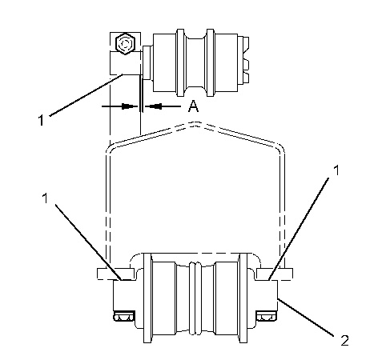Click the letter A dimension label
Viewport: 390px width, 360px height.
click(193, 106)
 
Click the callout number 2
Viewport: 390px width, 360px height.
click(344, 341)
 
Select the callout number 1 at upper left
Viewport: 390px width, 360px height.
click(41, 120)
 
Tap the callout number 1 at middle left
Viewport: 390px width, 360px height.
click(45, 198)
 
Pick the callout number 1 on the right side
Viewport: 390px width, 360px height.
click(337, 170)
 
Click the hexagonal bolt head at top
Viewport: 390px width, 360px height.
click(125, 44)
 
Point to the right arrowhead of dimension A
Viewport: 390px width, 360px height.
click(153, 106)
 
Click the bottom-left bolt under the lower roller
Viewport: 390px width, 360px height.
click(124, 316)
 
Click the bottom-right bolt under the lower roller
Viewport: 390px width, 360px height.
click(267, 316)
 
